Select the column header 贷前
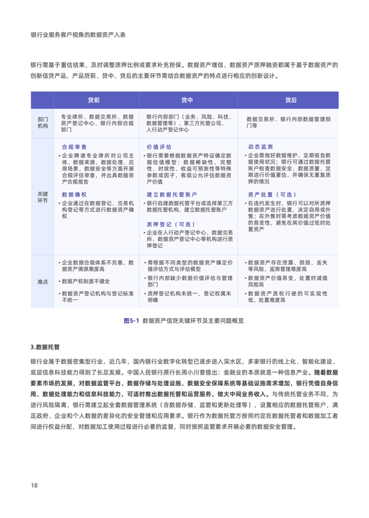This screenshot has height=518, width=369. click(x=94, y=99)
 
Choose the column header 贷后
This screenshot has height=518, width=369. click(x=290, y=99)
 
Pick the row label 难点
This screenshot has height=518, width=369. click(x=43, y=281)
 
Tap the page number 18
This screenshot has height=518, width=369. click(x=33, y=484)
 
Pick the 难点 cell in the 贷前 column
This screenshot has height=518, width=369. click(x=94, y=281)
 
